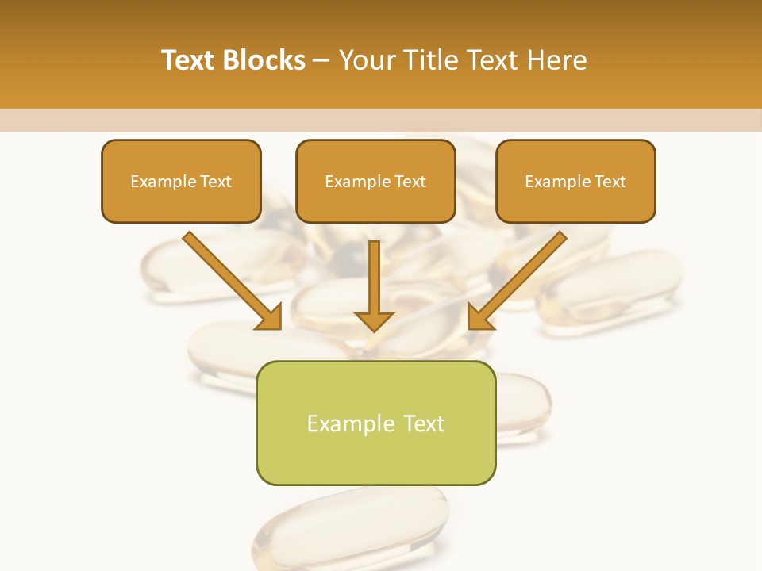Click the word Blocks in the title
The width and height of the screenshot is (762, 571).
tap(264, 60)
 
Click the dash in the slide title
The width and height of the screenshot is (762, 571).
tap(321, 61)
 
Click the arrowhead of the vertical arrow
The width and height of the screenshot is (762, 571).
tap(374, 320)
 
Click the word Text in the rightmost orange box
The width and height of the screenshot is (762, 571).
tap(610, 182)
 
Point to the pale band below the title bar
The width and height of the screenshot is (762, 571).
tap(381, 120)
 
